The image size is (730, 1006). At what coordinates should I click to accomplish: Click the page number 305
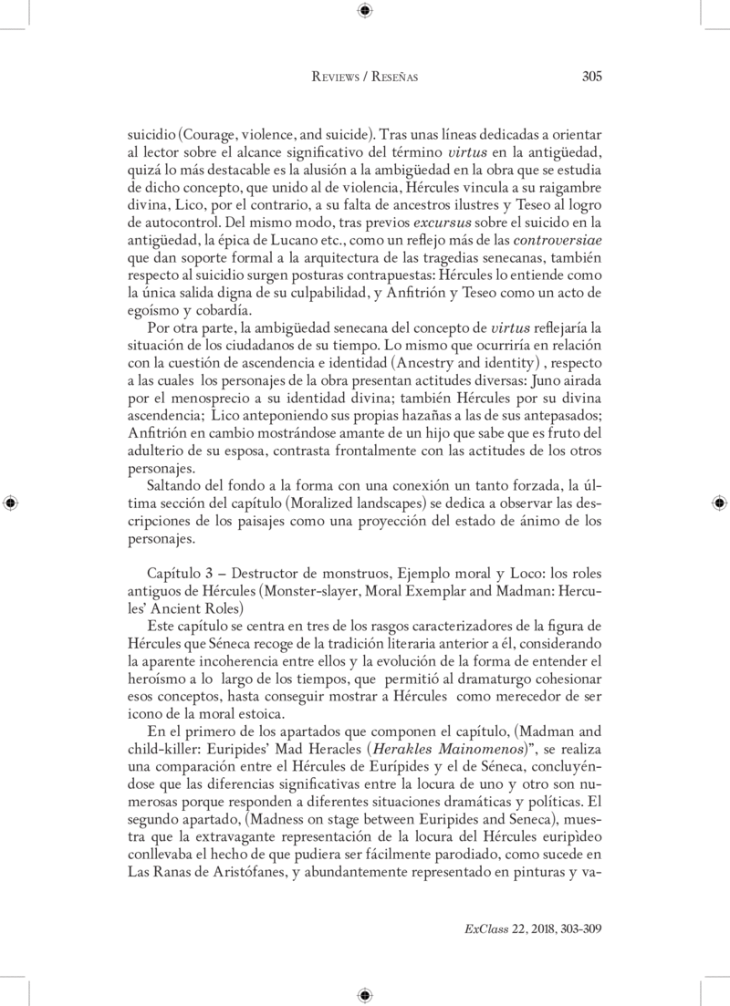pos(591,78)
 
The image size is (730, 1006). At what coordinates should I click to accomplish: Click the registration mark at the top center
pos(364,11)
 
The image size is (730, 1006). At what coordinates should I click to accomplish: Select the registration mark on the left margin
pos(10,503)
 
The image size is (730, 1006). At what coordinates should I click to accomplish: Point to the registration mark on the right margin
pos(719,503)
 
